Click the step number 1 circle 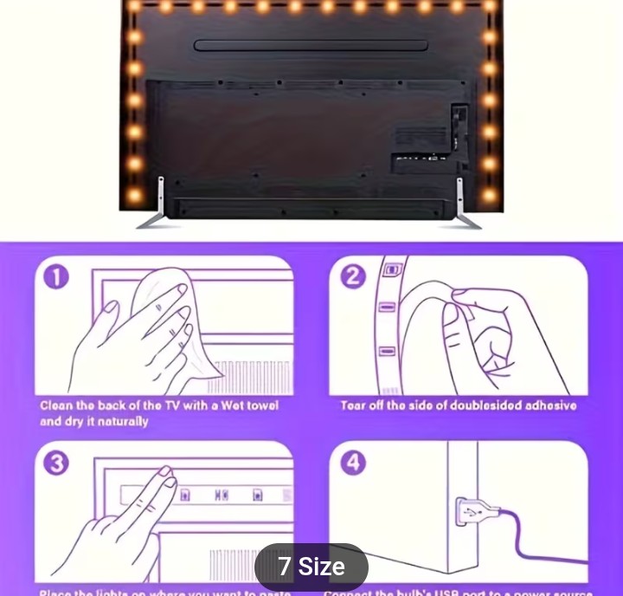point(55,277)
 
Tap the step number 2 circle point(351,277)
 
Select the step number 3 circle point(55,463)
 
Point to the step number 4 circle point(351,463)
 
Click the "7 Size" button point(311,567)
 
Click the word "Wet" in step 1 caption point(212,405)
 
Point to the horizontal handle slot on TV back point(311,45)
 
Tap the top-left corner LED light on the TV point(134,6)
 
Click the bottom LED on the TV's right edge point(490,195)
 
